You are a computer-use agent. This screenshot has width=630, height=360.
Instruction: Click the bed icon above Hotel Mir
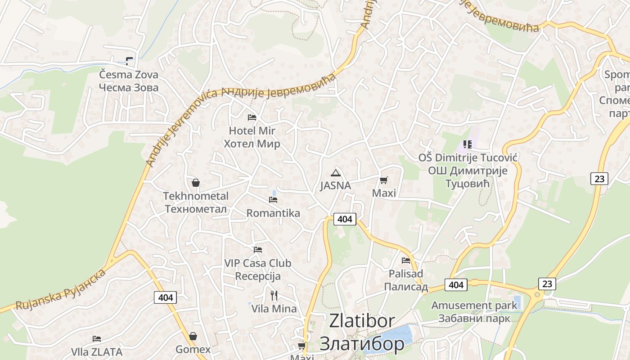click(x=252, y=117)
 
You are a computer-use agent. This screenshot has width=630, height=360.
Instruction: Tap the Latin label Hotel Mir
click(x=252, y=131)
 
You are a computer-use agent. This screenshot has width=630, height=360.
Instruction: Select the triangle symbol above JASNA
click(x=336, y=173)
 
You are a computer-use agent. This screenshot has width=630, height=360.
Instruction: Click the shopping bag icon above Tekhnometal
click(x=196, y=183)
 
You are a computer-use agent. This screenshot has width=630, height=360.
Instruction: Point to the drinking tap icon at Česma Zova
click(x=130, y=61)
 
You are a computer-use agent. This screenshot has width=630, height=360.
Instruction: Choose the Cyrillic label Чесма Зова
click(x=129, y=87)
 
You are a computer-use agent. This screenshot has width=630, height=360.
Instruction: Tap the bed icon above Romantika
click(x=273, y=199)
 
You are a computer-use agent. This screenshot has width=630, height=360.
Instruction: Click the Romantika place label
click(x=273, y=213)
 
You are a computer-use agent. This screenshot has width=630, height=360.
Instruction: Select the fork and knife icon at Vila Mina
click(x=274, y=295)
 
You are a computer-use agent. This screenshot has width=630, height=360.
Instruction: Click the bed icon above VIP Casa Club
click(x=258, y=249)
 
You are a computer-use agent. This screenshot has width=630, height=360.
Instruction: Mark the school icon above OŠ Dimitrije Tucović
click(x=468, y=144)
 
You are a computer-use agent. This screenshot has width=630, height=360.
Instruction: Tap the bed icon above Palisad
click(x=406, y=260)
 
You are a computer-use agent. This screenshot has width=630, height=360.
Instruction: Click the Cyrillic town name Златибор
click(x=362, y=344)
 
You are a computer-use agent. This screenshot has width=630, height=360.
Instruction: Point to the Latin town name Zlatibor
click(x=362, y=321)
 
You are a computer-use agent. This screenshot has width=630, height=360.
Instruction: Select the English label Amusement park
click(x=474, y=306)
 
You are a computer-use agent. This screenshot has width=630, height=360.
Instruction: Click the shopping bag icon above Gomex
click(x=193, y=336)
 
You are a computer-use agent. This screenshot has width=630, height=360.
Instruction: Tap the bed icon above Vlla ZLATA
click(x=97, y=338)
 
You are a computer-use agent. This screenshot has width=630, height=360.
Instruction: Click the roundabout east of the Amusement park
click(x=537, y=295)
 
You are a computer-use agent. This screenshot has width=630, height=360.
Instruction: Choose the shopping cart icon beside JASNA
click(x=383, y=180)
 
